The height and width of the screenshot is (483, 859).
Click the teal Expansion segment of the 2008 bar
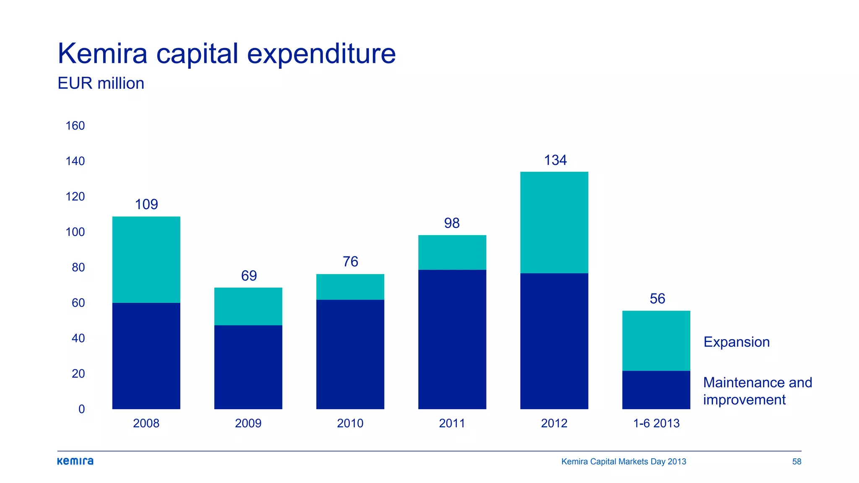146,260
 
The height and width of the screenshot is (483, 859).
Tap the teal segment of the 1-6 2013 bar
656,340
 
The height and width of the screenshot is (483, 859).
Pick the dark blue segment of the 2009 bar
248,367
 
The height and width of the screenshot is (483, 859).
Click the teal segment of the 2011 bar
452,252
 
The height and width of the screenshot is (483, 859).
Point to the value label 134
555,160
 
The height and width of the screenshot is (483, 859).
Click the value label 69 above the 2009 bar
249,276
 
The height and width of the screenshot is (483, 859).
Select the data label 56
657,299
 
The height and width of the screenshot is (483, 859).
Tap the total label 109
146,205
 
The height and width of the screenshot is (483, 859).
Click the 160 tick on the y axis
75,126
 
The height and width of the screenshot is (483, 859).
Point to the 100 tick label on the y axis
75,232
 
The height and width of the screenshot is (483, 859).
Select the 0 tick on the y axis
81,409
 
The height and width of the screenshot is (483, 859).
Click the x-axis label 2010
350,423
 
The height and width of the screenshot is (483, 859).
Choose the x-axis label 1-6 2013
656,423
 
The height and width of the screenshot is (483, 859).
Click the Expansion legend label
736,342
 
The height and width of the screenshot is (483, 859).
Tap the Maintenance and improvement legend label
757,391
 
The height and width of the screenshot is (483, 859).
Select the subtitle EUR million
101,83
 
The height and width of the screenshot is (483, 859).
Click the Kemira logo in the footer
75,461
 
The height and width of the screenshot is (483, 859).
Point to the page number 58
797,462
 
